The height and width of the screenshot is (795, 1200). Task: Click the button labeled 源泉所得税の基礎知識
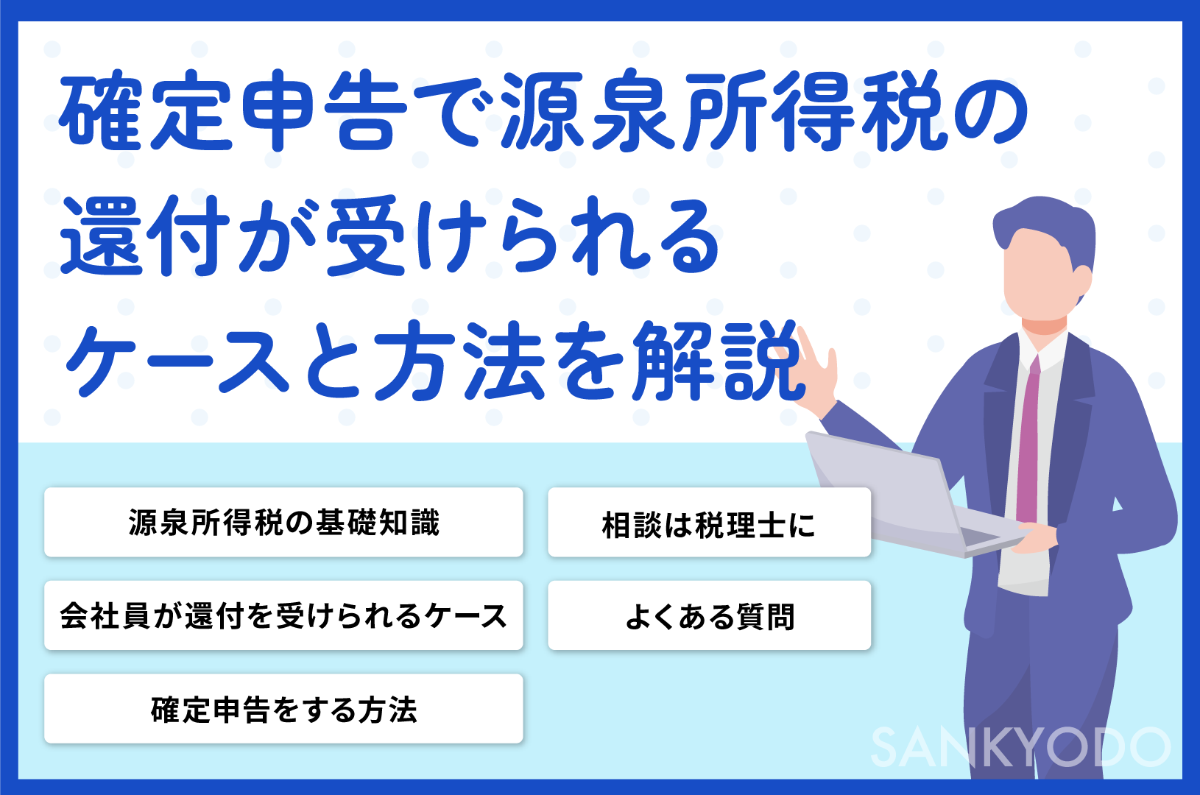283,522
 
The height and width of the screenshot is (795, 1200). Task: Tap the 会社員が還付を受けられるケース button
283,615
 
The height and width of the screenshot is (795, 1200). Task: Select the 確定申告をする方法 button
283,709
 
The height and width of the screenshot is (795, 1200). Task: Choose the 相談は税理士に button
709,522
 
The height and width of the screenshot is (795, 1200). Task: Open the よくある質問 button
709,615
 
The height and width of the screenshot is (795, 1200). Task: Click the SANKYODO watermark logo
1020,747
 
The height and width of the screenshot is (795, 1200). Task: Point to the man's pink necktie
1028,442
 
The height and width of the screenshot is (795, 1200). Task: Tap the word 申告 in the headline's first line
324,110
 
